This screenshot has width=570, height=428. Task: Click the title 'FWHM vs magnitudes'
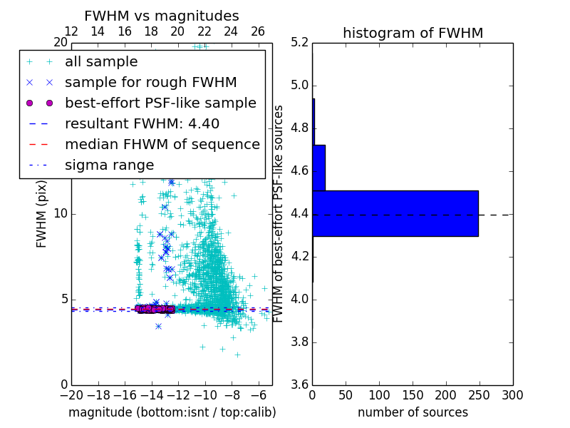click(x=161, y=16)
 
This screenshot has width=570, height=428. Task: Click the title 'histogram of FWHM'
click(x=413, y=33)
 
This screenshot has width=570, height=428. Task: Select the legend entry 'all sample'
click(x=101, y=62)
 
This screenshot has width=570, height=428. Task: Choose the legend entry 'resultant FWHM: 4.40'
click(x=142, y=123)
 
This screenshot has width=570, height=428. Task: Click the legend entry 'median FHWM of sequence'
click(x=162, y=144)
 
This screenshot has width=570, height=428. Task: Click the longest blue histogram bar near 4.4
click(x=395, y=213)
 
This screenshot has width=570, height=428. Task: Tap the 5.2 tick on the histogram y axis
click(x=299, y=43)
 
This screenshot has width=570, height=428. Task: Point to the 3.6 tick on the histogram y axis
click(x=299, y=384)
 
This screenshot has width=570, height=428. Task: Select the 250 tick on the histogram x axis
click(x=480, y=394)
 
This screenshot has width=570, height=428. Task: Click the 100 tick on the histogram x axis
click(x=379, y=394)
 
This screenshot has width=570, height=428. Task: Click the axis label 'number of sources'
click(x=413, y=412)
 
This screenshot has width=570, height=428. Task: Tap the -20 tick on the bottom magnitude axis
click(x=71, y=394)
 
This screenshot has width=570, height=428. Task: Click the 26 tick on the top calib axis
click(x=258, y=31)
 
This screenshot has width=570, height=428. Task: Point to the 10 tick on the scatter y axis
click(x=60, y=214)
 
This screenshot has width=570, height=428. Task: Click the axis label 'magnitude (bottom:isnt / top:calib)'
click(x=172, y=412)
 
